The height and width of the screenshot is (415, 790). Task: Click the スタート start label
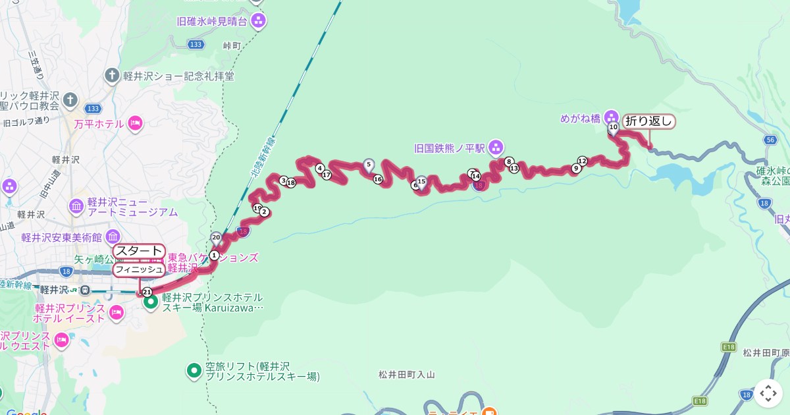pyautogui.click(x=138, y=251)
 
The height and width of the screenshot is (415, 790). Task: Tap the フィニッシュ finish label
pyautogui.click(x=138, y=269)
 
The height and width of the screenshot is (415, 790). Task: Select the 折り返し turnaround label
pyautogui.click(x=648, y=121)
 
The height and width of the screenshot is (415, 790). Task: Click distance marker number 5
pyautogui.click(x=368, y=164)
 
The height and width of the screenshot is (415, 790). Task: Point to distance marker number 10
pyautogui.click(x=613, y=126)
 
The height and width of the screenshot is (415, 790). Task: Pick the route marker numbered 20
pyautogui.click(x=216, y=237)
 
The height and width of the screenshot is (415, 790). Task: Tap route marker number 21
pyautogui.click(x=147, y=292)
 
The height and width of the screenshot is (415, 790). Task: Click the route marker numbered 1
pyautogui.click(x=214, y=255)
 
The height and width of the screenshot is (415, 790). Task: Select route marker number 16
pyautogui.click(x=378, y=179)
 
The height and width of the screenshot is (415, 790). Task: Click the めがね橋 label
pyautogui.click(x=580, y=119)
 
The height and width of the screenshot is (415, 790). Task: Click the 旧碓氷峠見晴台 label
pyautogui.click(x=211, y=21)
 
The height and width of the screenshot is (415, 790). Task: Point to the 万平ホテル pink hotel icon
pyautogui.click(x=135, y=123)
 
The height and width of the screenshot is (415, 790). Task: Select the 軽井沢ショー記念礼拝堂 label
pyautogui.click(x=178, y=76)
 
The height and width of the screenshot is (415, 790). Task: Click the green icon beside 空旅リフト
pyautogui.click(x=194, y=371)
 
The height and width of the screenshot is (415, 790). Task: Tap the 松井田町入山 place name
pyautogui.click(x=407, y=375)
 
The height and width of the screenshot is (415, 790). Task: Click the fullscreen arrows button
pyautogui.click(x=768, y=393)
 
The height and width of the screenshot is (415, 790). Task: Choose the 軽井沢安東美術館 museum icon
pyautogui.click(x=112, y=236)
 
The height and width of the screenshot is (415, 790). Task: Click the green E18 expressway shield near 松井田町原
pyautogui.click(x=728, y=346)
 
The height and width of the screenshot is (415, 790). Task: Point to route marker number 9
pyautogui.click(x=576, y=169)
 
